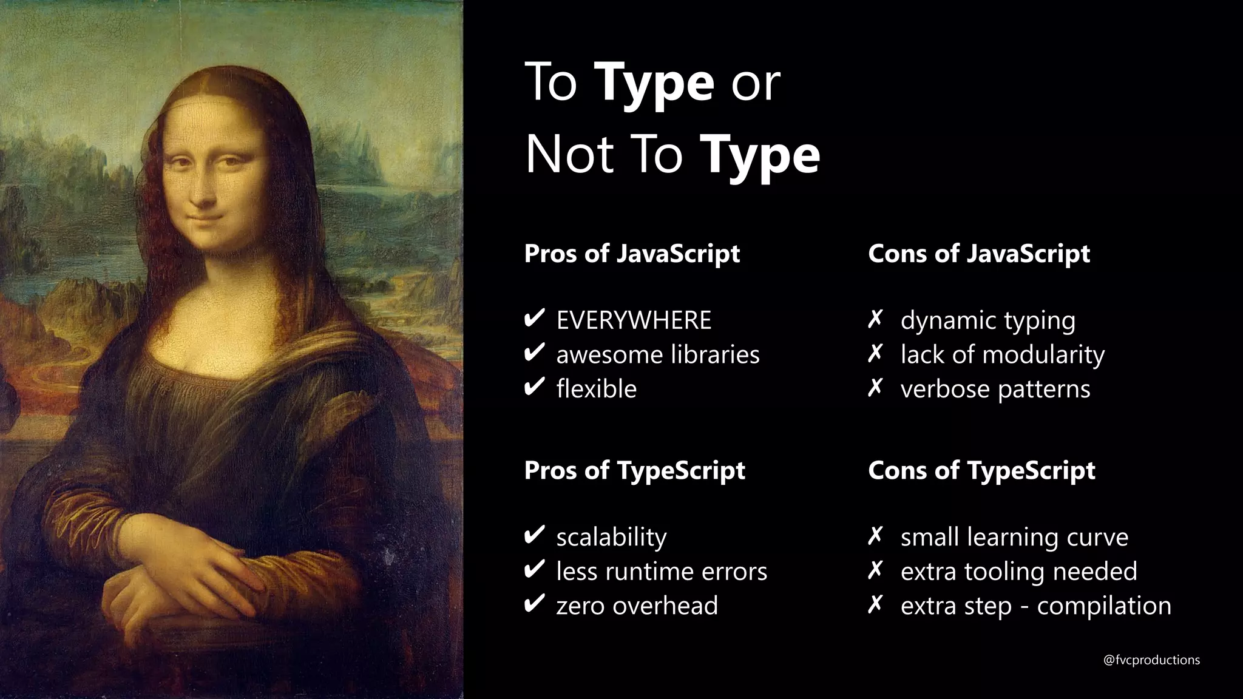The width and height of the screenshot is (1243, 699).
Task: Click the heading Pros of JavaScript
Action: (x=632, y=254)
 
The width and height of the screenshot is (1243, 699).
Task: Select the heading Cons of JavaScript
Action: (x=978, y=254)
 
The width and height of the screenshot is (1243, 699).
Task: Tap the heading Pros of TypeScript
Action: (x=634, y=470)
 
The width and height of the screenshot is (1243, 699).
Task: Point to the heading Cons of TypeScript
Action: (x=981, y=470)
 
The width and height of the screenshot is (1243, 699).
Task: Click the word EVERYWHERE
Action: (x=634, y=320)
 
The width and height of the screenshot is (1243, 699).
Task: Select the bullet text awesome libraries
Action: (x=658, y=355)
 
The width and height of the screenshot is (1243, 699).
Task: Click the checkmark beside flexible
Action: (x=533, y=387)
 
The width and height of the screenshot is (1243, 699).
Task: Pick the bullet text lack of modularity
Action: (x=1002, y=355)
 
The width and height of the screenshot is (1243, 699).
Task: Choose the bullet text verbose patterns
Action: (x=995, y=389)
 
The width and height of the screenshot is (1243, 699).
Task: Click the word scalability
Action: (x=611, y=537)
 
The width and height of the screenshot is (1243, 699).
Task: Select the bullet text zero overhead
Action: (x=637, y=606)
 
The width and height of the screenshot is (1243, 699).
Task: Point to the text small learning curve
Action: (x=1014, y=537)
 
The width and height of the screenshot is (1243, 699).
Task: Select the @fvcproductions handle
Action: (x=1151, y=660)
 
